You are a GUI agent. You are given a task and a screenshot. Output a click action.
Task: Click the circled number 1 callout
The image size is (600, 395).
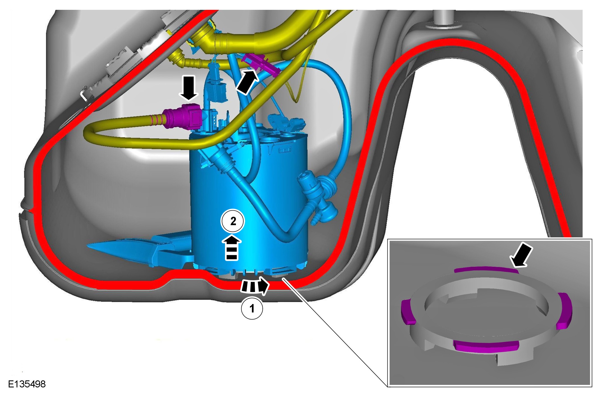point(252,308)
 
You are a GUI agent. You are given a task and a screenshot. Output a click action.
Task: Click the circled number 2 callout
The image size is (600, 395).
point(233,222)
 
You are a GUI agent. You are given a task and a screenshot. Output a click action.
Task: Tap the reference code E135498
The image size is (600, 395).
point(27,384)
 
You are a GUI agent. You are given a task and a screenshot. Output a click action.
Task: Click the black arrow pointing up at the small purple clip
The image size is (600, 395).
point(247,82)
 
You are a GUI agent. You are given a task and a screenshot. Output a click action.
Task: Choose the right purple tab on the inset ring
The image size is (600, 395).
point(564,310)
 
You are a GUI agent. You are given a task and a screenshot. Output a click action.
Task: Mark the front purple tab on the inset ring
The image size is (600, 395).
point(487,346)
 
